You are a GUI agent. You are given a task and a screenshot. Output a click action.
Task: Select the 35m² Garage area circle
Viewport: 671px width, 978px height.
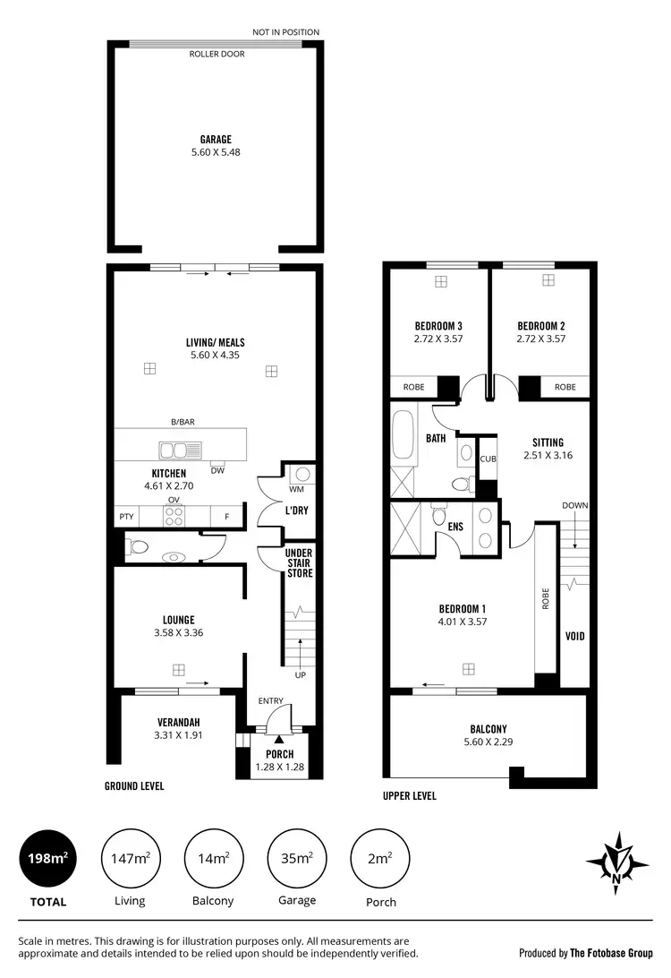pyautogui.click(x=297, y=859)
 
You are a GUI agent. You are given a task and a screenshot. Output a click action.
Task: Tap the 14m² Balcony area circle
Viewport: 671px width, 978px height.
pyautogui.click(x=215, y=859)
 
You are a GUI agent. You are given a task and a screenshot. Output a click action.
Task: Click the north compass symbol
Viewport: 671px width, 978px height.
pyautogui.click(x=617, y=862)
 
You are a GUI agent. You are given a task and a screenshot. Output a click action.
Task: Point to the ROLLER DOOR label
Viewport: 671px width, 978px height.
pyautogui.click(x=217, y=54)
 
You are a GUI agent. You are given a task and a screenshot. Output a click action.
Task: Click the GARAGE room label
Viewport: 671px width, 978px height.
pyautogui.click(x=216, y=139)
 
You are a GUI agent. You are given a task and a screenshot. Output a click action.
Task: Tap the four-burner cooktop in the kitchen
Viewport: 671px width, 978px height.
pyautogui.click(x=174, y=516)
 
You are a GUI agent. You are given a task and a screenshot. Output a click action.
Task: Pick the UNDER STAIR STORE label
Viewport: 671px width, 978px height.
pyautogui.click(x=299, y=563)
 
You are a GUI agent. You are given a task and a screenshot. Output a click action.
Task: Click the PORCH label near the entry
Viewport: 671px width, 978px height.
pyautogui.click(x=280, y=754)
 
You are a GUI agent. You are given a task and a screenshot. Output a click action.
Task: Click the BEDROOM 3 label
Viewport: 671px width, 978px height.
pyautogui.click(x=438, y=326)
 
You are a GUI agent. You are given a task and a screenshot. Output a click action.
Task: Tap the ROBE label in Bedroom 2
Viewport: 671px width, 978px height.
pyautogui.click(x=565, y=387)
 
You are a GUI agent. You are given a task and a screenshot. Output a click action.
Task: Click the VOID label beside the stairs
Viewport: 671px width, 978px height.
pyautogui.click(x=575, y=637)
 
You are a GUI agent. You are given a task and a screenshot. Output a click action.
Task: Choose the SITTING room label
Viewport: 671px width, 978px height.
pyautogui.click(x=548, y=442)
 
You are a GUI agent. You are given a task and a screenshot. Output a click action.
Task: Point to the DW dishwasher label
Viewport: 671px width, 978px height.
pyautogui.click(x=217, y=471)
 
